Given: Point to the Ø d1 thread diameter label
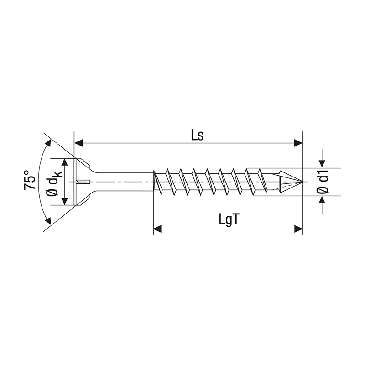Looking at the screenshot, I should click(323, 182).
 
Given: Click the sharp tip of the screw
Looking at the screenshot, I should click(301, 182).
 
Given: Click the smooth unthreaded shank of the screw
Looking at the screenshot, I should click(123, 182).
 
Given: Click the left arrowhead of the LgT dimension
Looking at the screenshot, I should click(158, 228).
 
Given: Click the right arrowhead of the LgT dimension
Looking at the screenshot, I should click(298, 228).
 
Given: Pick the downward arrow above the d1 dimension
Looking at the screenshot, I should click(323, 162).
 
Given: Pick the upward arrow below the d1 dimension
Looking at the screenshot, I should click(323, 201).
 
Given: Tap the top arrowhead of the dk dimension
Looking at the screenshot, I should click(67, 163).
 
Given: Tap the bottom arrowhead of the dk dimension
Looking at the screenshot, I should click(67, 200).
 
